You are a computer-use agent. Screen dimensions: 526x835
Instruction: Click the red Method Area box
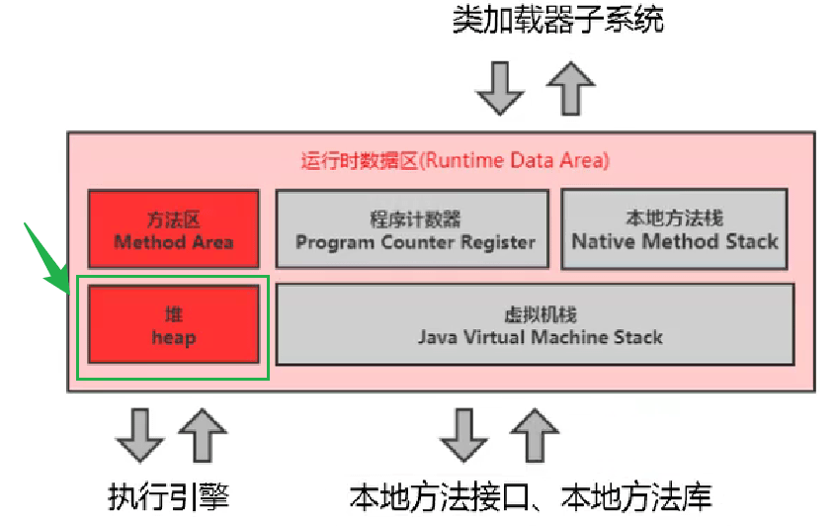(173, 229)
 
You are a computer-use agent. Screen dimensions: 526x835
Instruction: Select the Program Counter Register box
(411, 229)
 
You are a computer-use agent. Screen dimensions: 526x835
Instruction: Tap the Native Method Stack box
(674, 229)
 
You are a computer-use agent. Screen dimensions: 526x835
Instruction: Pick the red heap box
(173, 324)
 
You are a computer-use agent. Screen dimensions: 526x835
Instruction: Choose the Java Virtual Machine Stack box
(535, 324)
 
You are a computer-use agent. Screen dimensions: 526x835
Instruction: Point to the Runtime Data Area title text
(455, 160)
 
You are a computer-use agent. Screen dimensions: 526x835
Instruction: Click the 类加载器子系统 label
(557, 20)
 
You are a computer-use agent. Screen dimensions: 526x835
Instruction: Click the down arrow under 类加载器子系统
(499, 88)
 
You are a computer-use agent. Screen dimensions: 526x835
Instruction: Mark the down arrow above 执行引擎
(139, 436)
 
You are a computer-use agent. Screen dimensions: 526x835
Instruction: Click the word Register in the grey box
(499, 241)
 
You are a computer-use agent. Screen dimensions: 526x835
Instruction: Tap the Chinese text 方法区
(173, 219)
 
